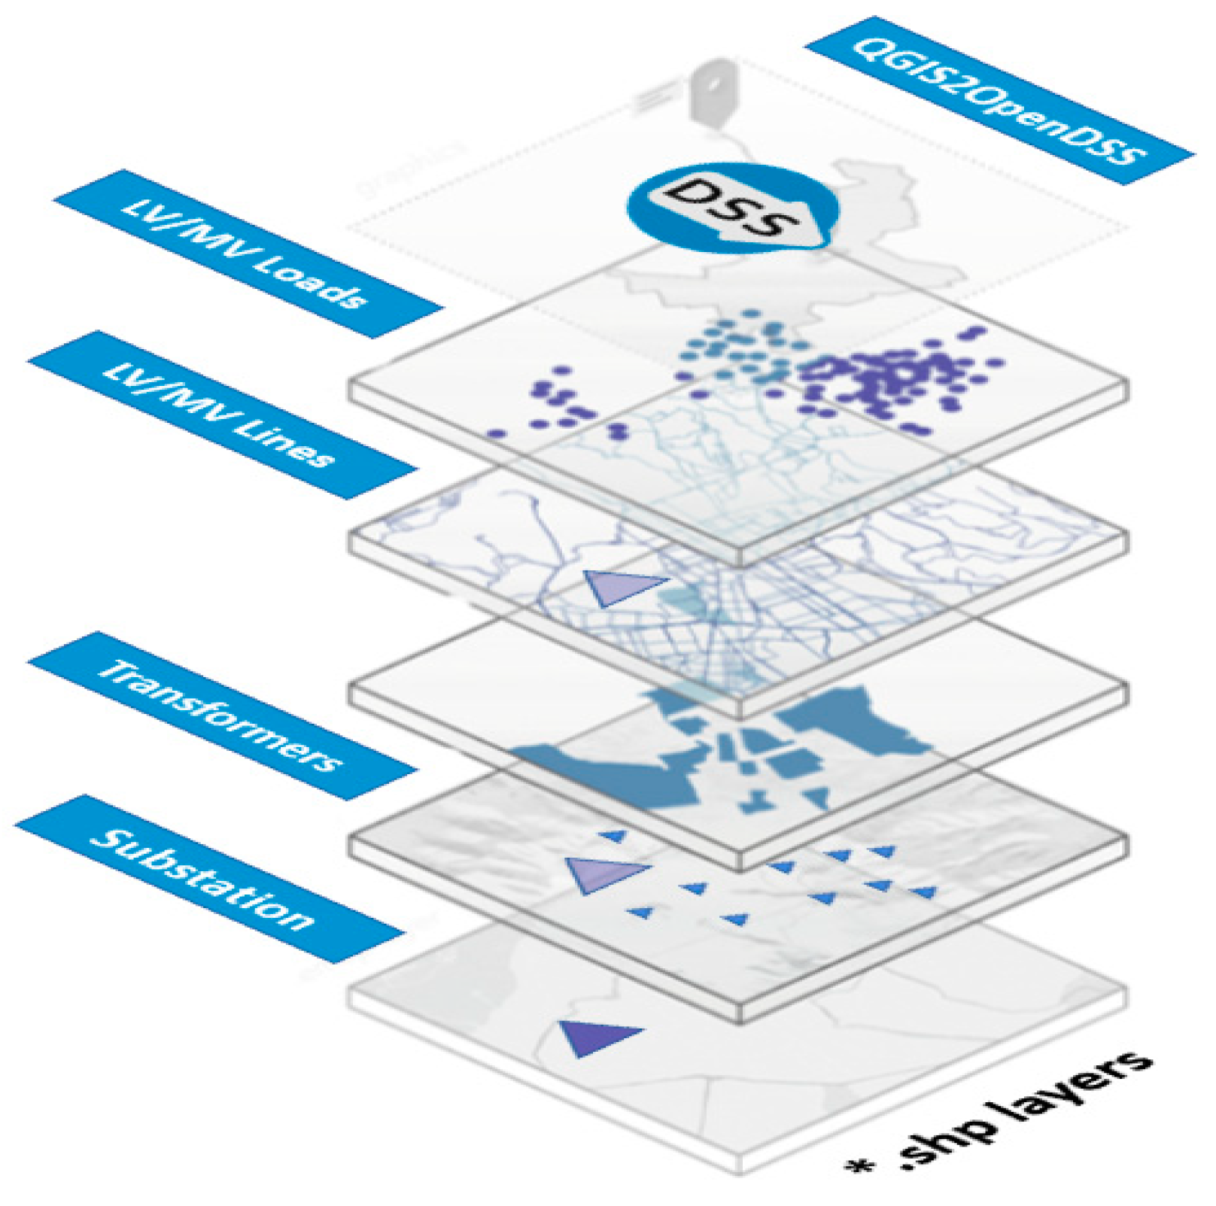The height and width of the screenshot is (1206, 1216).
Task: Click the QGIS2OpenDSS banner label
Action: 999,100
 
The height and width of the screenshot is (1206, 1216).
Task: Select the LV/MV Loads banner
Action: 247,254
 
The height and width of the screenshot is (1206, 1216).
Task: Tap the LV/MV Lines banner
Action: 222,415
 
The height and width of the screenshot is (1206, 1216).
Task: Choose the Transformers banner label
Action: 222,715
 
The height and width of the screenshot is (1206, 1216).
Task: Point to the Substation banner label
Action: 209,879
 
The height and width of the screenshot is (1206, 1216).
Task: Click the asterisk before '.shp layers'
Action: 860,1166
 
